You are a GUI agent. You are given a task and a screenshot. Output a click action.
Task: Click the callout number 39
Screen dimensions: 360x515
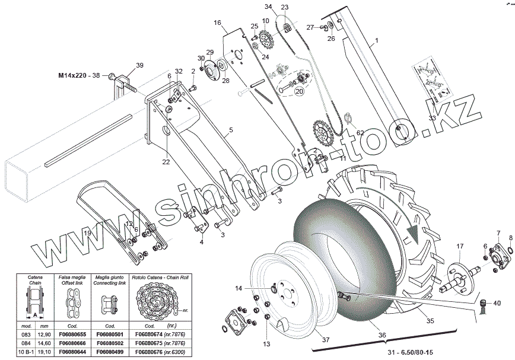coord(140,65)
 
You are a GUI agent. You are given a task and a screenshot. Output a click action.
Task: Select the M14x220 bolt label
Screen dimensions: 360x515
coord(79,76)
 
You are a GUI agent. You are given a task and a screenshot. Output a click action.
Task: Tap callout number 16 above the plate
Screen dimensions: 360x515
coord(217,23)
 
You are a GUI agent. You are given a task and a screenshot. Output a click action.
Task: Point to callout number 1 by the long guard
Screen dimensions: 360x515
coord(376,42)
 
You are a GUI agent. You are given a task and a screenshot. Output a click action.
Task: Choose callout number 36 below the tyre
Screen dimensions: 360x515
coord(382,334)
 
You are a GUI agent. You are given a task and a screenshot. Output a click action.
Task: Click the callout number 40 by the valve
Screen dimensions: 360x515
coord(497,303)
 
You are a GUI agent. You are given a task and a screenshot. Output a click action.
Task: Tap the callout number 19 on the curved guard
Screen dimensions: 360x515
coord(87,233)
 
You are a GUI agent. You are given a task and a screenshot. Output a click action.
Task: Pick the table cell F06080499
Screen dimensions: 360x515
coord(109,352)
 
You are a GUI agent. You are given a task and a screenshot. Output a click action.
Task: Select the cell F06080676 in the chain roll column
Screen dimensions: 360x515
coord(157,352)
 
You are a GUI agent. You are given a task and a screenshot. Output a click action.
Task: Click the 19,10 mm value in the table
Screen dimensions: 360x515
coord(44,352)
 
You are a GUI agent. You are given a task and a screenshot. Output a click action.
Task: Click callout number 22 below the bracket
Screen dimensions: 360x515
coord(166,162)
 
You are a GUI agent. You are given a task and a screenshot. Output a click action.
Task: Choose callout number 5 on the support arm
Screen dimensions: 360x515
coord(231,129)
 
